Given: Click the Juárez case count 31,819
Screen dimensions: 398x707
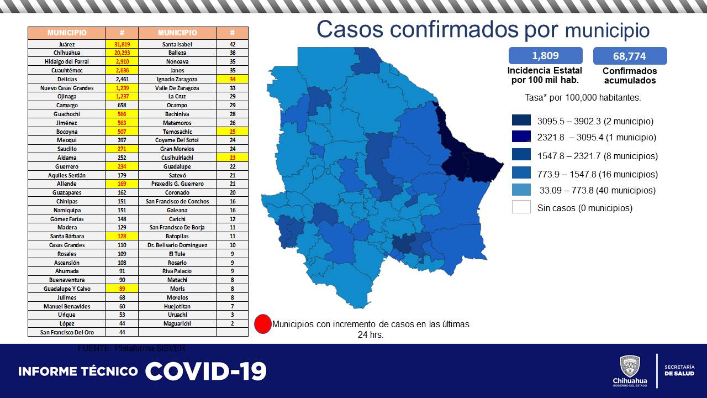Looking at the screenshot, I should tap(122, 44).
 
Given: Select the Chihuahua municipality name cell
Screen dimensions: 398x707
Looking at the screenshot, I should tap(66, 53).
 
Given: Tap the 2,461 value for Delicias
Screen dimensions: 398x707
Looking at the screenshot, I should tap(122, 79).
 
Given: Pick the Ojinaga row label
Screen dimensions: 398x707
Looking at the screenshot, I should tap(66, 97).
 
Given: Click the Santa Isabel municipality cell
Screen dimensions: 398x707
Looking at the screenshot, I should tap(177, 44).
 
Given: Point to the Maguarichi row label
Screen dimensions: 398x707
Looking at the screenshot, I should tap(177, 323).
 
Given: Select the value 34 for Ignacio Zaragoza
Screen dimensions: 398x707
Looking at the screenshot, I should tap(233, 79).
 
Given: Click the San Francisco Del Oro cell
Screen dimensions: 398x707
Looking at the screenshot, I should tap(66, 332).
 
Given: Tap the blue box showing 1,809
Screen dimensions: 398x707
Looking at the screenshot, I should tap(545, 55).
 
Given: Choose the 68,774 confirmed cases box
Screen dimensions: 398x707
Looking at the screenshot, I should tap(630, 56).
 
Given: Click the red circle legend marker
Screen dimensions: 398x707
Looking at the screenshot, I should tap(263, 324).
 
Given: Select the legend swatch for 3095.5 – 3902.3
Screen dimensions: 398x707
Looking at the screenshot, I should tap(521, 121).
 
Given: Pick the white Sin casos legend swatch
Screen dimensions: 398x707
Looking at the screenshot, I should tap(521, 208).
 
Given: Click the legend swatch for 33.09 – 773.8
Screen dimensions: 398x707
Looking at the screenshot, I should tap(521, 190).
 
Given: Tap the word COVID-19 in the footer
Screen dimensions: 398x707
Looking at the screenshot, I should tap(206, 371).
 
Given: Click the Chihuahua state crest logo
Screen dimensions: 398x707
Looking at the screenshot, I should tap(630, 366).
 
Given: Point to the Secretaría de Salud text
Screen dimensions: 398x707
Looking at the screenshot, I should tap(679, 370).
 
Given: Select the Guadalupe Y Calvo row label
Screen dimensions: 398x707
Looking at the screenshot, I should tap(66, 289).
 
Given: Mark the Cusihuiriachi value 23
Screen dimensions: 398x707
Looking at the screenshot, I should tap(233, 158).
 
